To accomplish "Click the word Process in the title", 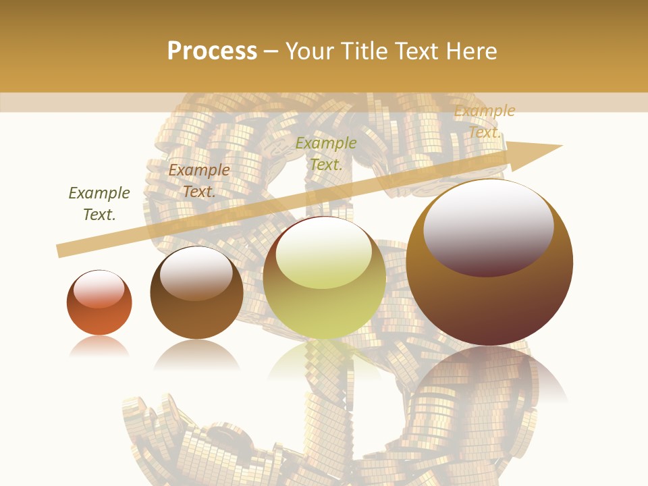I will tap(212, 51).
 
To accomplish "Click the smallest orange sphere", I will tap(99, 303).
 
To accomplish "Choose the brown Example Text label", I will tap(198, 181).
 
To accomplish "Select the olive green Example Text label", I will tap(326, 154).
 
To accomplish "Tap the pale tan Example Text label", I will tap(485, 122).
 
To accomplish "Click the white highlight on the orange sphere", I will tap(99, 289).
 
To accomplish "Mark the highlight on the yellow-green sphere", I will tap(323, 253).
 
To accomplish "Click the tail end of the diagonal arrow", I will tap(62, 251).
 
